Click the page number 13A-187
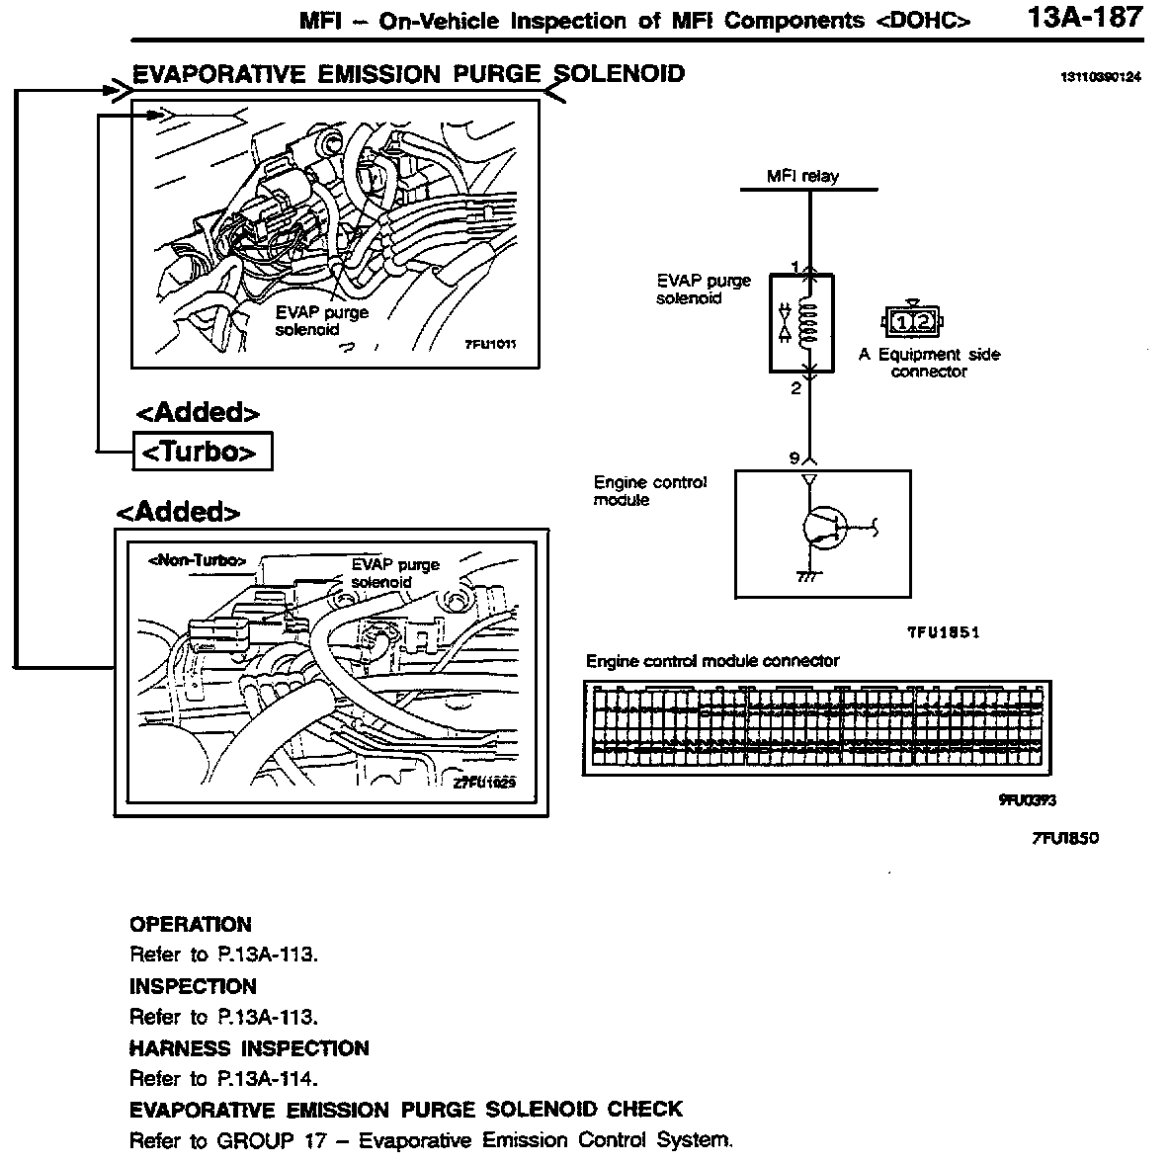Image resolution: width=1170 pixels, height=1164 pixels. [1084, 18]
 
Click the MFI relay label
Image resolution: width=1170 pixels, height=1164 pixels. [802, 176]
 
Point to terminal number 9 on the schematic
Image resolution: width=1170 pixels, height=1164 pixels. [794, 457]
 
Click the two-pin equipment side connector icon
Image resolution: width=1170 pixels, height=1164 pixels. [911, 321]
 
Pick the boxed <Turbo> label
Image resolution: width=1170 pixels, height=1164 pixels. [202, 452]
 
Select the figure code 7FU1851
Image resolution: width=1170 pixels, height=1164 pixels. [943, 632]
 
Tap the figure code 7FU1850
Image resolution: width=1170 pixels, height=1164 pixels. [1064, 838]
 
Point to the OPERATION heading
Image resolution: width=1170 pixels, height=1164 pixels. [191, 925]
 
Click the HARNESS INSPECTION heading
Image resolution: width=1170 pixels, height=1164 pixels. [249, 1048]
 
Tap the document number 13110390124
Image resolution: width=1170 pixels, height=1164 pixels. [1099, 78]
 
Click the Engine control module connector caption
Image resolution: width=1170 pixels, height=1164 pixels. [712, 660]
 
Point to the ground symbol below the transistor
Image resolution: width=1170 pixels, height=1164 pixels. [807, 578]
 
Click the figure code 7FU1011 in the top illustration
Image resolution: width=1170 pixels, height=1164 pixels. [491, 345]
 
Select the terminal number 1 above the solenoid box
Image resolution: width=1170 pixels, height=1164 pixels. [795, 266]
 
